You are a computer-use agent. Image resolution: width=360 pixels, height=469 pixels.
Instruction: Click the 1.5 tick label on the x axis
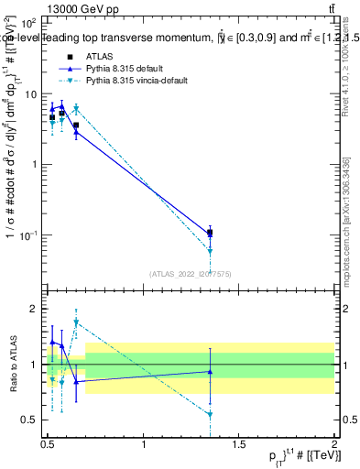coord(239,444)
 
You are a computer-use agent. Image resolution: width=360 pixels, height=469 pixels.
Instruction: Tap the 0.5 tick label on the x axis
coord(48,444)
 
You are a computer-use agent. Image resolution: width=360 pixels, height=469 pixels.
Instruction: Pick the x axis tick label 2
coord(334,444)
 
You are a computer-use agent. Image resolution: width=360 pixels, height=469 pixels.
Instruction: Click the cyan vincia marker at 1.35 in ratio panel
coord(211,414)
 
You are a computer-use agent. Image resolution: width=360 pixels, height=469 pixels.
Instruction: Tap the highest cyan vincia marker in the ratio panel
coord(76,322)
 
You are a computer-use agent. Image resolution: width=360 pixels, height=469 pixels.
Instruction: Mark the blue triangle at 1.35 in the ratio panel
coord(211,371)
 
